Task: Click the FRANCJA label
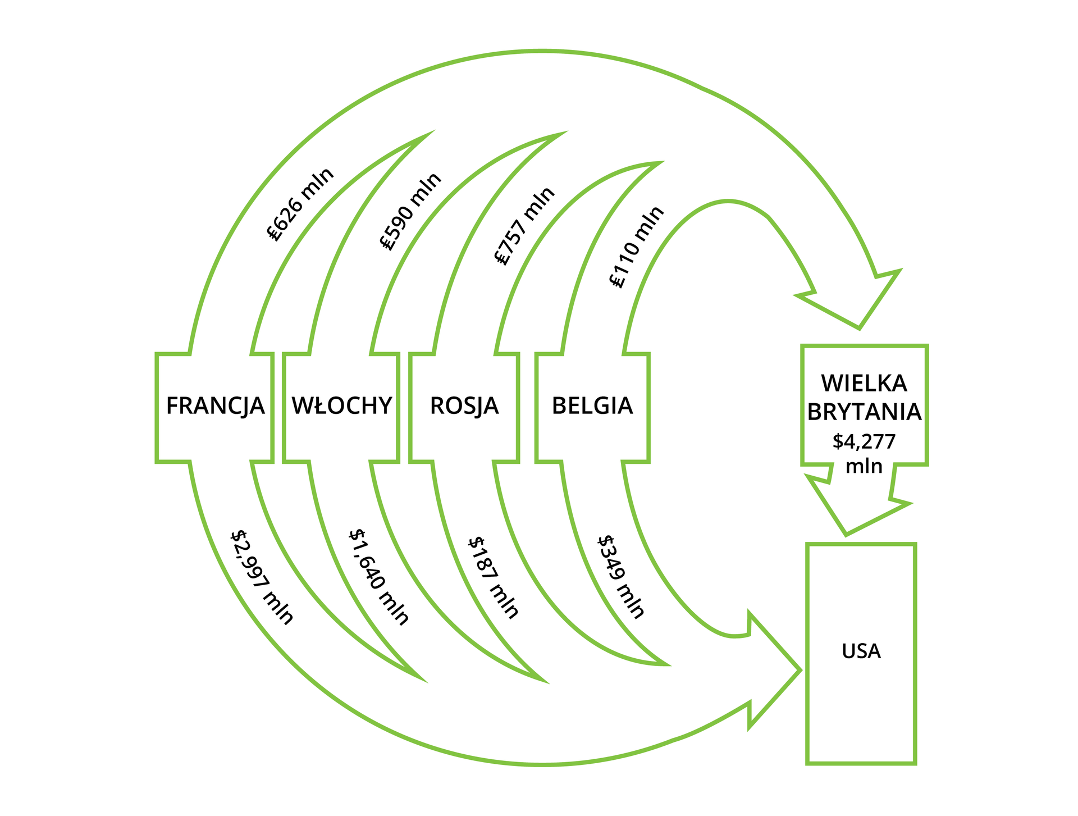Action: pos(215,405)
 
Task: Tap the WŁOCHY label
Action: pos(341,405)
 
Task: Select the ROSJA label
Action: pos(464,405)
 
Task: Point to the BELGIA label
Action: pos(592,405)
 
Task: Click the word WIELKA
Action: pos(864,383)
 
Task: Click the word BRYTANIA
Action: pos(864,412)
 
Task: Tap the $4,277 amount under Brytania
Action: pos(864,441)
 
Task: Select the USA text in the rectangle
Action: pos(861,651)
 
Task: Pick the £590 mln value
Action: pos(410,211)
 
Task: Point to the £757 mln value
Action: pos(524,226)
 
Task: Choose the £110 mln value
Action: pos(637,247)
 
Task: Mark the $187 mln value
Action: pos(494,577)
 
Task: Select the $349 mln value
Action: pos(620,577)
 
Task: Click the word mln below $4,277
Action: pos(864,466)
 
